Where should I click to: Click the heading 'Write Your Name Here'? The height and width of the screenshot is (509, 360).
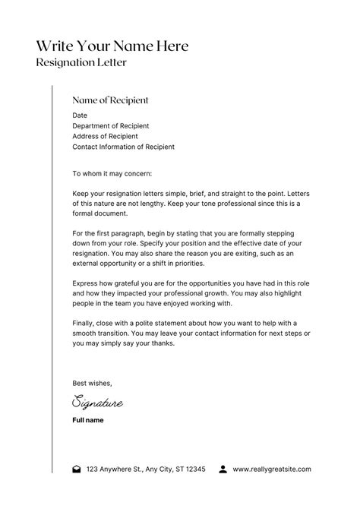pyautogui.click(x=112, y=46)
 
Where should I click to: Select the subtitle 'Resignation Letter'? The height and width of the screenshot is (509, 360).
pyautogui.click(x=81, y=62)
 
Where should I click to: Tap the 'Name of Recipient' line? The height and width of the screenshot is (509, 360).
pyautogui.click(x=110, y=100)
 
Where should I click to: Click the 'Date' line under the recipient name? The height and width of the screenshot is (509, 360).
pyautogui.click(x=80, y=115)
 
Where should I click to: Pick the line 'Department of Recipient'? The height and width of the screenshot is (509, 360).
pyautogui.click(x=110, y=126)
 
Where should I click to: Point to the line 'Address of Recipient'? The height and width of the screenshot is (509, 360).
pyautogui.click(x=105, y=137)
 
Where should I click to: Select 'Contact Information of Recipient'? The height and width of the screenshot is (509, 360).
pyautogui.click(x=123, y=147)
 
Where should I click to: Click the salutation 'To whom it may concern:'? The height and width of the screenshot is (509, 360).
pyautogui.click(x=112, y=173)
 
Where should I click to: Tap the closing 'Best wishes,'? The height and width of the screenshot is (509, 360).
pyautogui.click(x=92, y=383)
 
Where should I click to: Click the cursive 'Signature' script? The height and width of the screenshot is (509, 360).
pyautogui.click(x=97, y=403)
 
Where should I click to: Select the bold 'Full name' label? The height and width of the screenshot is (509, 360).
pyautogui.click(x=88, y=420)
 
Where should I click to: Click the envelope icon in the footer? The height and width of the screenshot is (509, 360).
pyautogui.click(x=76, y=469)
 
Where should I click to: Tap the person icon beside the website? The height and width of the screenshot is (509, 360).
pyautogui.click(x=223, y=469)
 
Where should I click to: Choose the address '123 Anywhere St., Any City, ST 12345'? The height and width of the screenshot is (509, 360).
pyautogui.click(x=146, y=469)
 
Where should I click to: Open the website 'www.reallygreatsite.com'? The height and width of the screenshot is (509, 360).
pyautogui.click(x=272, y=469)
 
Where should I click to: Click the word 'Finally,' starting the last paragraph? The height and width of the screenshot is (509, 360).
pyautogui.click(x=85, y=322)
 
